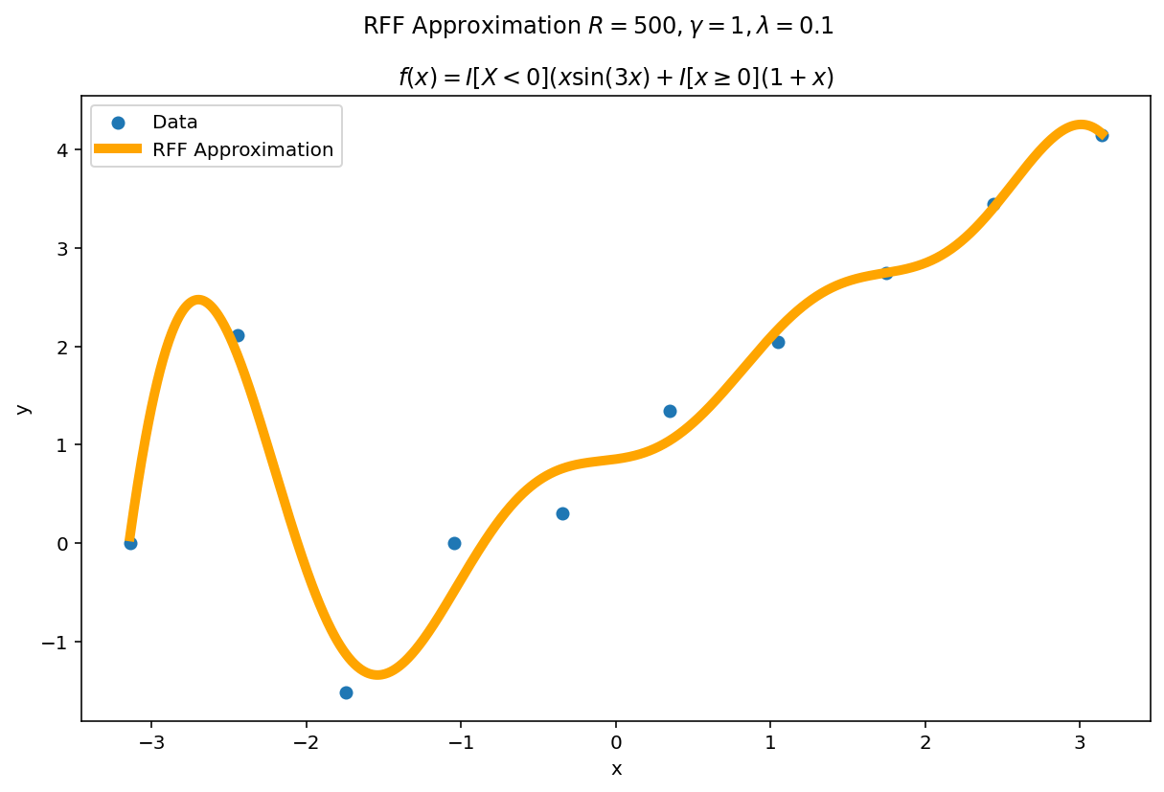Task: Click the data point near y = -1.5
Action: click(x=346, y=692)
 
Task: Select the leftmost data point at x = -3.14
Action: click(x=130, y=543)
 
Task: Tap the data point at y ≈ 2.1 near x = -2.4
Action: click(x=238, y=335)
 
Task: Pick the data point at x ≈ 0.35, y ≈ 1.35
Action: click(x=670, y=411)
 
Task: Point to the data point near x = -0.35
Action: click(x=562, y=513)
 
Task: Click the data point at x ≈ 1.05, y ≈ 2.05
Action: click(x=778, y=342)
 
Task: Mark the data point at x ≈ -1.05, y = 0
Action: click(x=454, y=543)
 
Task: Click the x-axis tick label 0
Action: click(x=616, y=742)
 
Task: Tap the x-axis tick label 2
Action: click(x=925, y=742)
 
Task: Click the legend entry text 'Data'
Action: click(x=175, y=123)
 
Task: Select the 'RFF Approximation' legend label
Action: click(x=242, y=150)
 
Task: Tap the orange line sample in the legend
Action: click(x=118, y=149)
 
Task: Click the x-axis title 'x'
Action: click(x=616, y=769)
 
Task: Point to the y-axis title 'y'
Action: click(x=24, y=408)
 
